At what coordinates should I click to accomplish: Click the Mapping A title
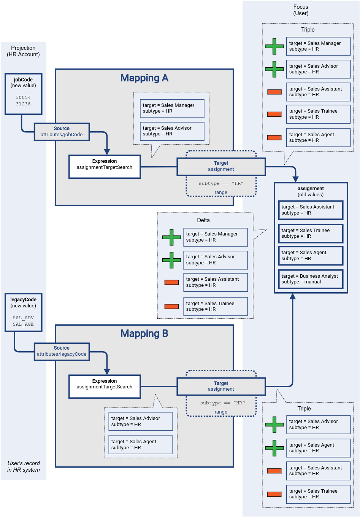point(144,78)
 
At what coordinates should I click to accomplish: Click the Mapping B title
point(144,334)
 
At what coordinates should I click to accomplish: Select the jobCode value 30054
point(23,97)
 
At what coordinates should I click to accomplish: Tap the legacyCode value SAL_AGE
point(23,324)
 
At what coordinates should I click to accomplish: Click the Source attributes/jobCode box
point(62,132)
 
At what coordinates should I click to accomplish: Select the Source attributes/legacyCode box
point(62,351)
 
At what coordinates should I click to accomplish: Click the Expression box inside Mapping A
point(105,167)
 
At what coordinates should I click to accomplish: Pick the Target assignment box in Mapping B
point(221,386)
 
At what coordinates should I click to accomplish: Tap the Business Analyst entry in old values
point(311,279)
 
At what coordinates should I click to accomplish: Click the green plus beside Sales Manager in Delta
point(171,237)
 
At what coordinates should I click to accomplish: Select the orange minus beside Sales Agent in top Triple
point(274,137)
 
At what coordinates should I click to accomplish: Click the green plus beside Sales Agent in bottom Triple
point(274,448)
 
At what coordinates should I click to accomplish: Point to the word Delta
point(203,220)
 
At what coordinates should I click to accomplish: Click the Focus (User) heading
point(301,10)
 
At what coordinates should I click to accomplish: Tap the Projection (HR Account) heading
point(23,51)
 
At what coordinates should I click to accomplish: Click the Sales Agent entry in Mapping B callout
point(140,444)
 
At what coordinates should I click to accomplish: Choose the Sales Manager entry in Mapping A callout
point(172,108)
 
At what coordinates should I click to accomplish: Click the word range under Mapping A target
point(221,192)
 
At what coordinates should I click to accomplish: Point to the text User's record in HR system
point(24,466)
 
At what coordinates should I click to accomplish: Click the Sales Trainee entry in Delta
point(215,306)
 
